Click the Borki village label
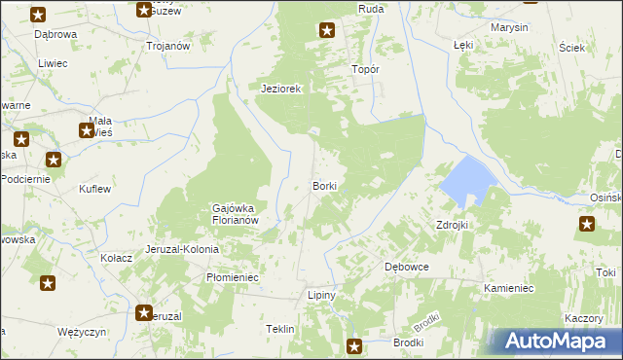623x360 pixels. point(325,185)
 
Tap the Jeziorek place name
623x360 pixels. point(282,89)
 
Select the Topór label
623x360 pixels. point(364,70)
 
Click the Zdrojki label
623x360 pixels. point(453,225)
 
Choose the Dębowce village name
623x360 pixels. point(407,267)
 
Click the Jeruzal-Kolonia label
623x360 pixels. point(182,249)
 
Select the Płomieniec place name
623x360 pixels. point(232,277)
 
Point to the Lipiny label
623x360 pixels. point(321,295)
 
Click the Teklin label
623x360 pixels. point(280,330)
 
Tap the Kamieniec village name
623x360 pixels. point(508,289)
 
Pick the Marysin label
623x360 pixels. point(509,27)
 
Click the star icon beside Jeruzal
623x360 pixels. point(145,313)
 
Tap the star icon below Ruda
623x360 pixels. point(327,30)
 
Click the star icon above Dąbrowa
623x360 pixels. point(38,15)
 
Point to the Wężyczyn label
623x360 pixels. point(81,332)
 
